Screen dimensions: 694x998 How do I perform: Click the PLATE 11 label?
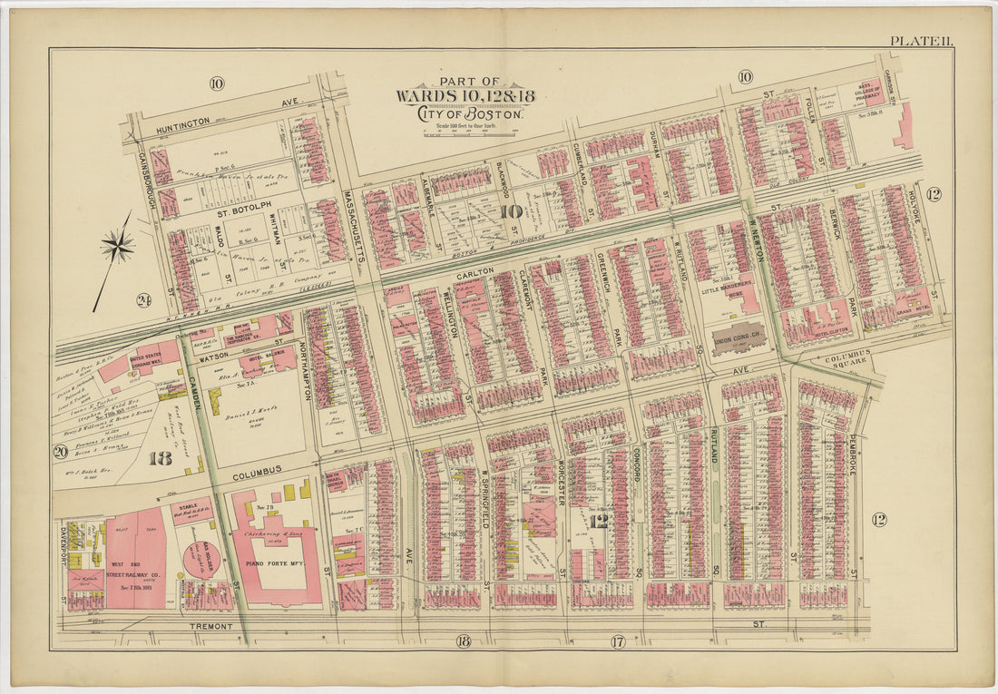pos(919,40)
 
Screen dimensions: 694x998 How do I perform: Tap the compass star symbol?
pos(117,244)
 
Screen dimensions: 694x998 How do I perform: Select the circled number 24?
pos(143,300)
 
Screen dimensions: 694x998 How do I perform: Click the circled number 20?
pos(61,452)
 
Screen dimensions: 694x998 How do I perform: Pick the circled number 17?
pos(618,642)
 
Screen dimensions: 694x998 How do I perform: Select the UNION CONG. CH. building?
pos(739,339)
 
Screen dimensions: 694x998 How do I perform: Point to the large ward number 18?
pos(161,458)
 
